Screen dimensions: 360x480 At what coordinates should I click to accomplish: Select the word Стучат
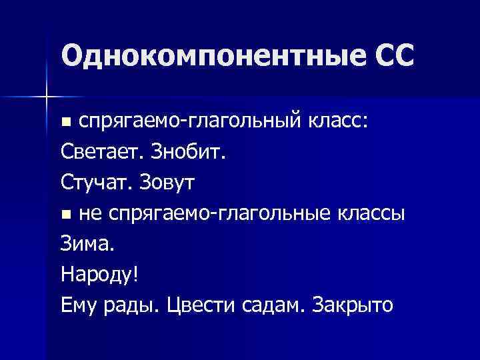coord(96,183)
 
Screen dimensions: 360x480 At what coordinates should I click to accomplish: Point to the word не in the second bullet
coord(89,214)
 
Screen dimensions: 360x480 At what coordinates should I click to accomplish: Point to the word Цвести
coord(200,305)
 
